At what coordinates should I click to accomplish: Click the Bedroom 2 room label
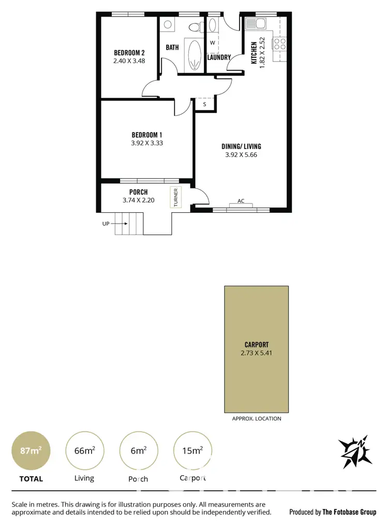(x=129, y=52)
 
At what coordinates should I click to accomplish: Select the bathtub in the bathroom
(x=194, y=55)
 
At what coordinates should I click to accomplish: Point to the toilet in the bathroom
(x=195, y=26)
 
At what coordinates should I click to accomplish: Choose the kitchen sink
(x=255, y=23)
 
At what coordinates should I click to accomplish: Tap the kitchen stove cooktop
(x=280, y=43)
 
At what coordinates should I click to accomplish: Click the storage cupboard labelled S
(x=205, y=104)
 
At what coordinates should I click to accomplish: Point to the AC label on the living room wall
(x=241, y=201)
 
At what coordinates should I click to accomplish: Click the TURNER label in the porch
(x=176, y=197)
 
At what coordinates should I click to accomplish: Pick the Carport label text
(x=257, y=344)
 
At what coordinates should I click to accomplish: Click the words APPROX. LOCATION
(x=257, y=418)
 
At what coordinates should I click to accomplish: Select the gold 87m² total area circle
(x=31, y=450)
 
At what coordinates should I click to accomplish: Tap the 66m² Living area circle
(x=84, y=450)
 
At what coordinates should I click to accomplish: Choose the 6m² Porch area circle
(x=138, y=450)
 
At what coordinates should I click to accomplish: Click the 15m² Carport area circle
(x=192, y=450)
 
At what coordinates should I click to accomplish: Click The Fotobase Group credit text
(x=349, y=512)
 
